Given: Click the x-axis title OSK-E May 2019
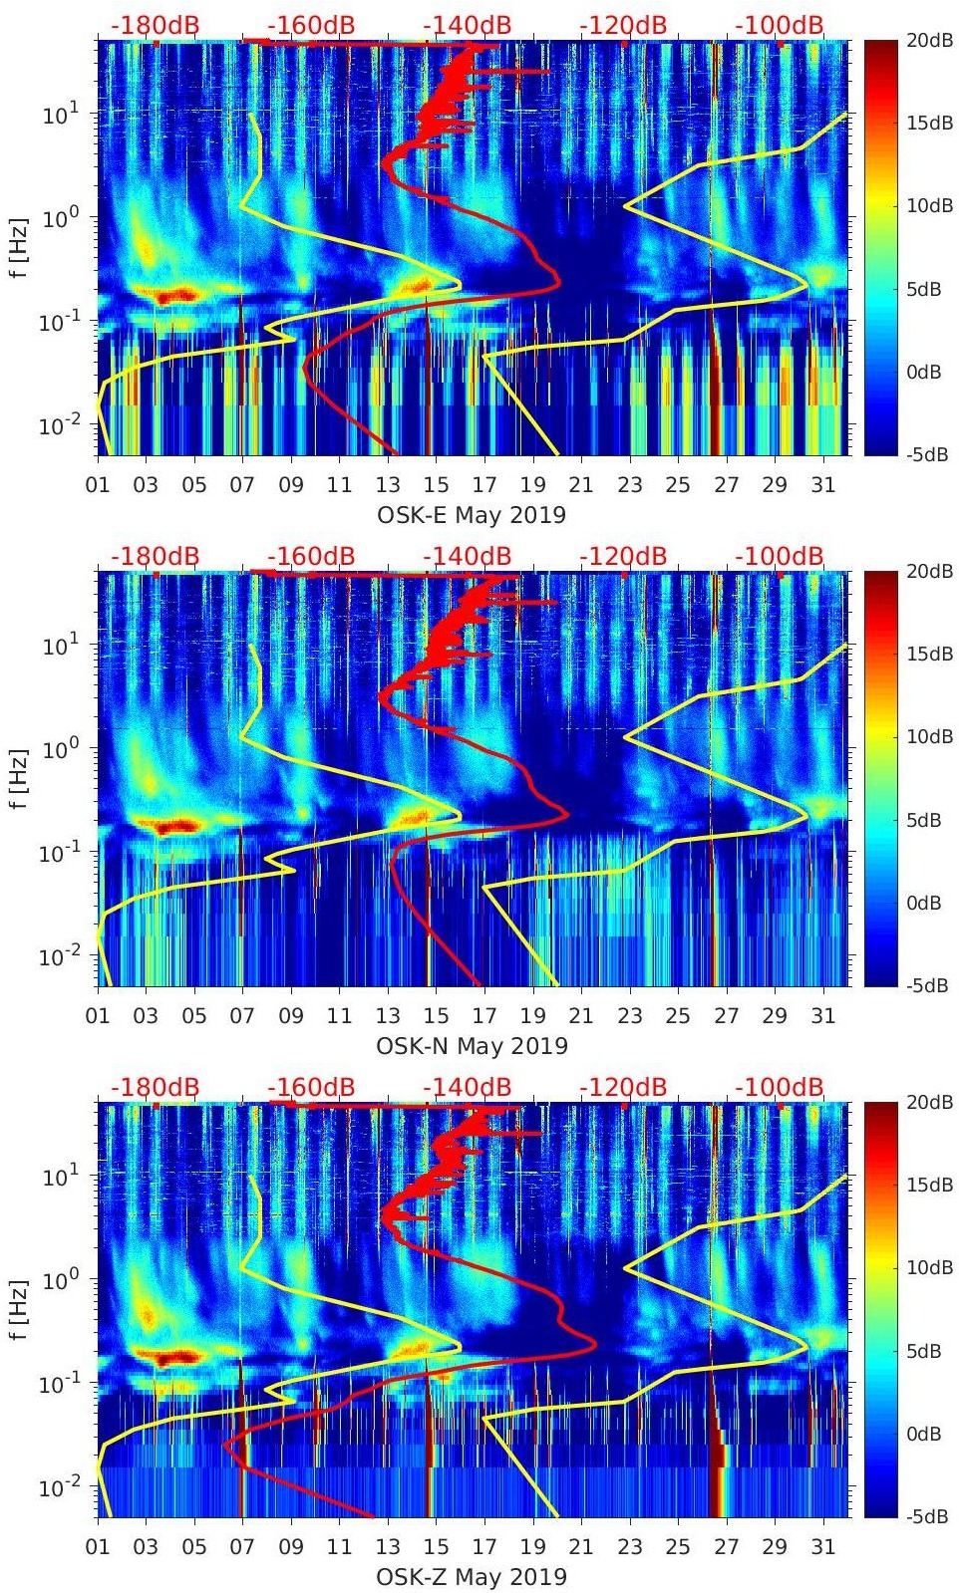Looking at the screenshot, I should coord(472,515).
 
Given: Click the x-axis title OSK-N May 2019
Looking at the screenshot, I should coord(472,1046).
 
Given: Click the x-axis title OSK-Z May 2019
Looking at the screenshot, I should coord(472,1577).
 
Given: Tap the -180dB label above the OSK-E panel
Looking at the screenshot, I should coord(156,25).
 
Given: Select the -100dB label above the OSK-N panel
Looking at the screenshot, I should coord(780,556).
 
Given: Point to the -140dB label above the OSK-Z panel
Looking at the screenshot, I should coord(468,1087).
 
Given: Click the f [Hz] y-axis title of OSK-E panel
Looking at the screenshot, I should coord(18,247).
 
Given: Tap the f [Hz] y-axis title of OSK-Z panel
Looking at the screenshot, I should coord(18,1309).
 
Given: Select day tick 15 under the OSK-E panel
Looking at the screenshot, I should coord(436,485).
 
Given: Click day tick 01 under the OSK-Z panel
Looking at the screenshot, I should coord(98,1547).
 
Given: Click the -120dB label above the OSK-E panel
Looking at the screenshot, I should coord(623,25).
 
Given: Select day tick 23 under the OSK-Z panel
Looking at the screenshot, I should coord(629,1547).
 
